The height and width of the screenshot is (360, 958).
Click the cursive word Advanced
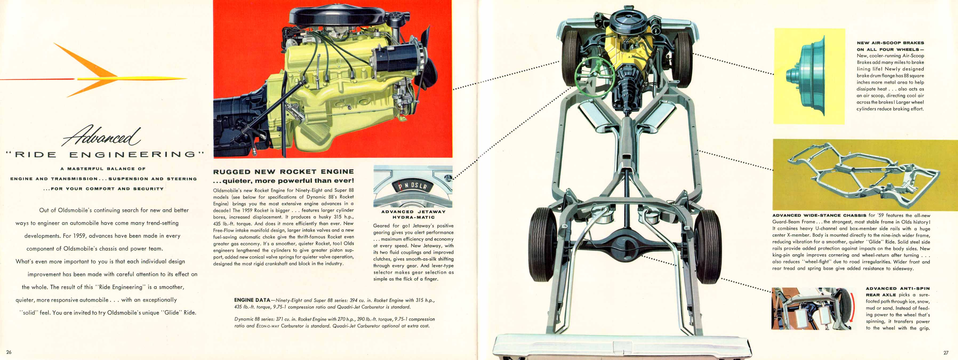click(101, 136)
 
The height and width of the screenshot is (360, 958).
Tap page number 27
click(946, 353)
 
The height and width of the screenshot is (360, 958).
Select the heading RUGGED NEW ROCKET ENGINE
click(283, 172)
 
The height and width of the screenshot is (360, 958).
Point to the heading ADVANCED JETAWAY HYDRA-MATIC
click(413, 214)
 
